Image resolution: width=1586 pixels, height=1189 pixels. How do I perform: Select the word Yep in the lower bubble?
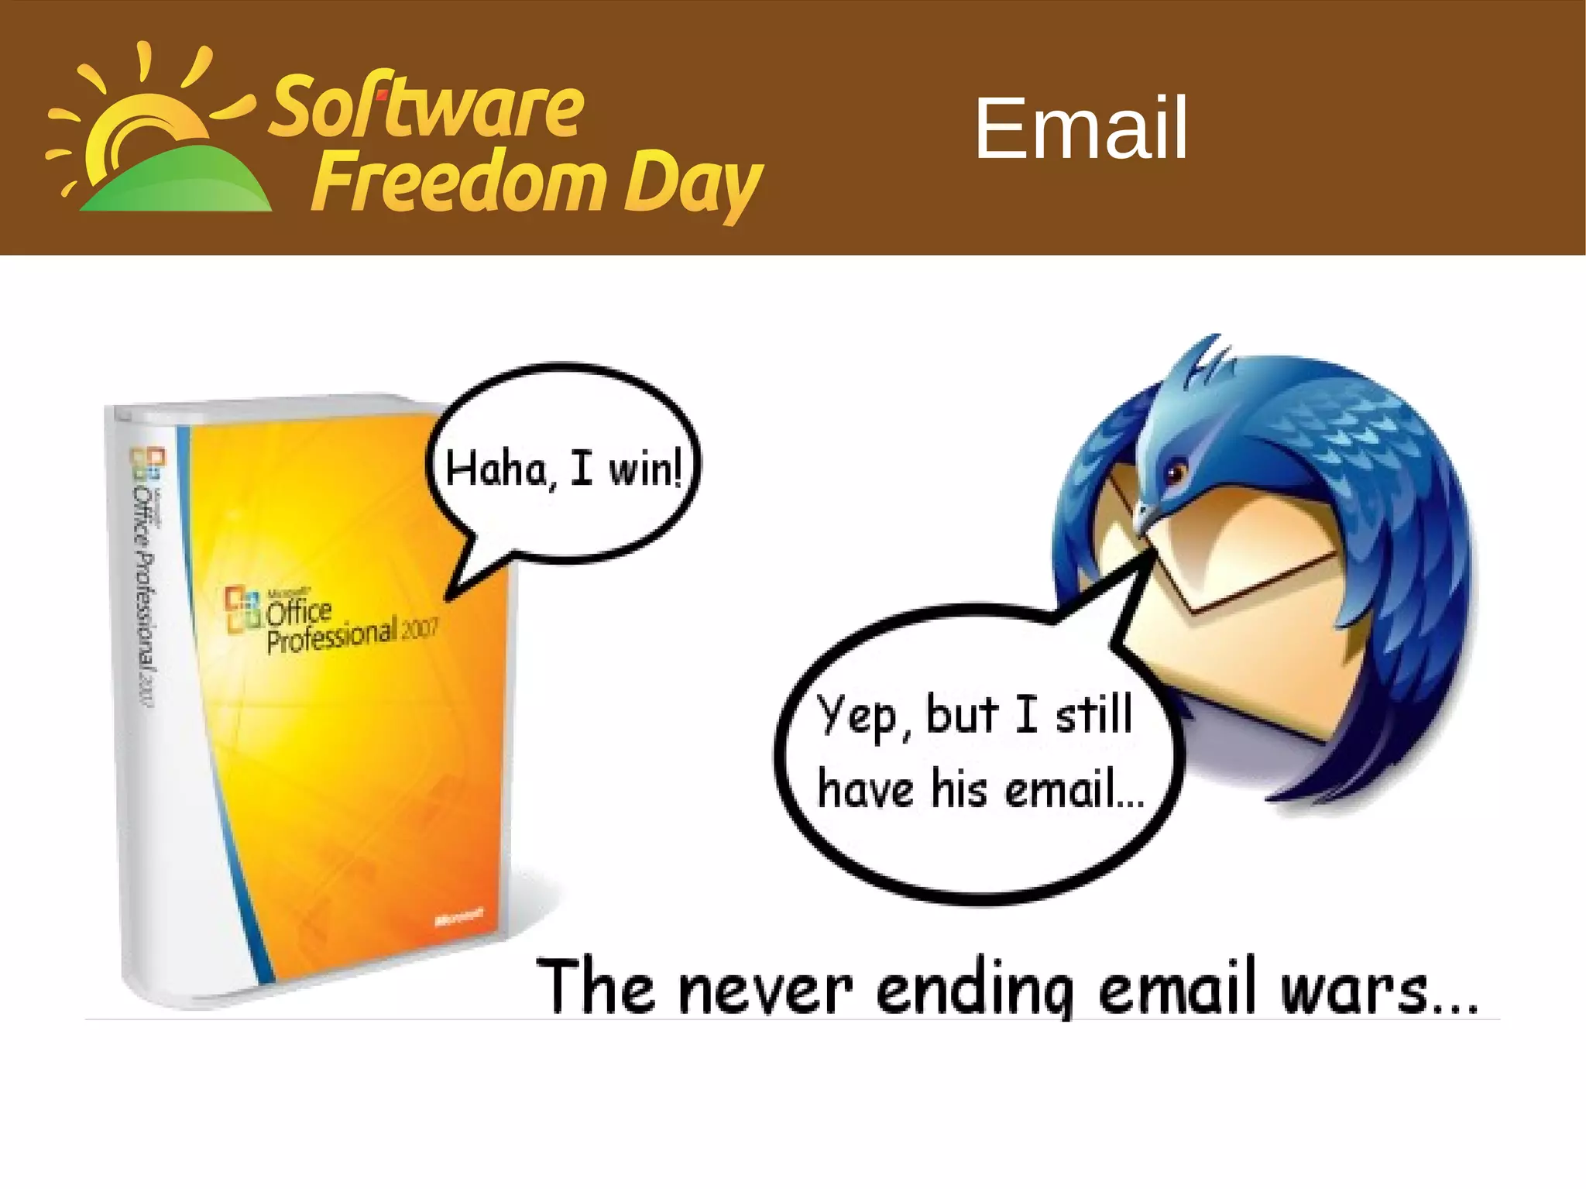(x=857, y=716)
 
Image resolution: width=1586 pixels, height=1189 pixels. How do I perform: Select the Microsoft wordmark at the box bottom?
(x=459, y=917)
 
